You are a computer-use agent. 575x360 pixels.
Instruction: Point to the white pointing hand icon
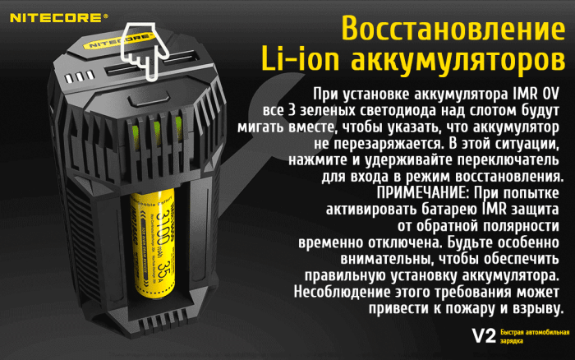pos(140,48)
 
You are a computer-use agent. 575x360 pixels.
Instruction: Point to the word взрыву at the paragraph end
pos(536,309)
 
